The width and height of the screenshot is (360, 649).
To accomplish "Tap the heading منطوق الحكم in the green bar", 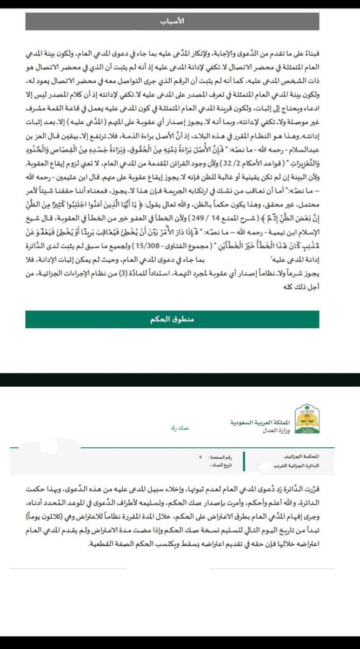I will (x=172, y=320).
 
